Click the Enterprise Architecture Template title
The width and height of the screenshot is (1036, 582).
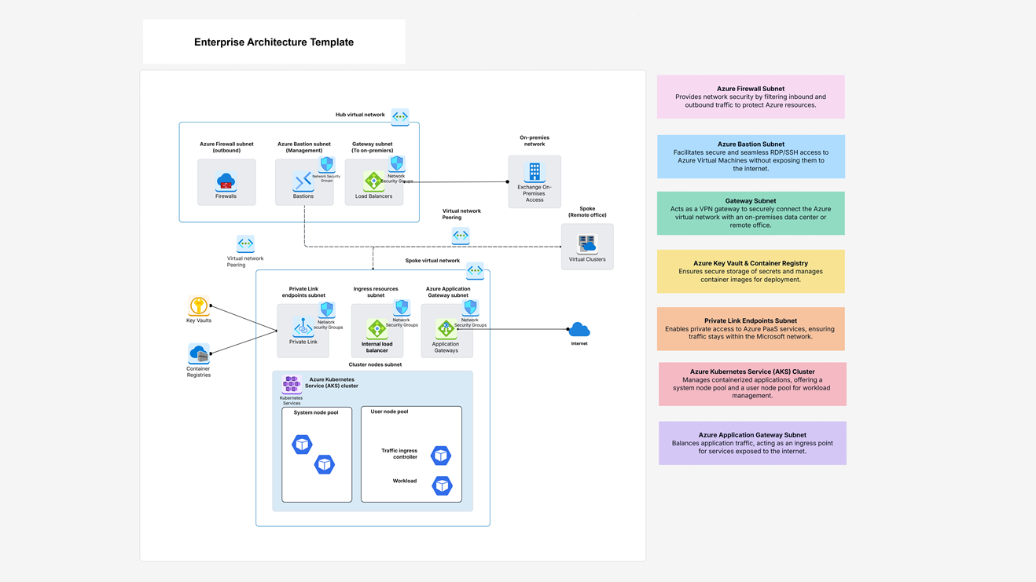[x=274, y=42]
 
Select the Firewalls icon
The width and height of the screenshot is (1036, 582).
[x=226, y=181]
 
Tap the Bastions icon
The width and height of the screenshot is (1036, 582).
[x=303, y=181]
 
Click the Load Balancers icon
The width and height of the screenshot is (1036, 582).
[x=373, y=181]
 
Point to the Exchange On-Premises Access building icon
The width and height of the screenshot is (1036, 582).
[x=535, y=172]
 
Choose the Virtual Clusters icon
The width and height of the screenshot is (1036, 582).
[x=587, y=243]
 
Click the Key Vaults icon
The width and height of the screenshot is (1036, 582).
[x=199, y=306]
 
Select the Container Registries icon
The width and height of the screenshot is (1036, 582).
[x=198, y=353]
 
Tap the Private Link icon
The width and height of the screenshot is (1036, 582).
[x=303, y=328]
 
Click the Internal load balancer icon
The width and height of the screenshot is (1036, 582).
[x=377, y=329]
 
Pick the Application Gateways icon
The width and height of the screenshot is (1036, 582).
[x=446, y=329]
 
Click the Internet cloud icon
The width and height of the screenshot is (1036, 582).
[x=579, y=329]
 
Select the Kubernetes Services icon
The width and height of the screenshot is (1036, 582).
[x=292, y=384]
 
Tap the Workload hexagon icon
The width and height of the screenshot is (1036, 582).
[x=443, y=485]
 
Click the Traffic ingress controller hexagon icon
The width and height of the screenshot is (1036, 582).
[x=441, y=455]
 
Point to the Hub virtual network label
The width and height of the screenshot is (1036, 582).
[x=360, y=115]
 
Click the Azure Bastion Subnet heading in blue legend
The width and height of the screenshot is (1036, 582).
[x=751, y=145]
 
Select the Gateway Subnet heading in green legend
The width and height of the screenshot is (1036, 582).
[x=751, y=201]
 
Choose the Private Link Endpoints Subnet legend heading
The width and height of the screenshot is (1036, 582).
[x=751, y=320]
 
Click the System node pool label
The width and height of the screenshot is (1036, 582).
[x=316, y=412]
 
